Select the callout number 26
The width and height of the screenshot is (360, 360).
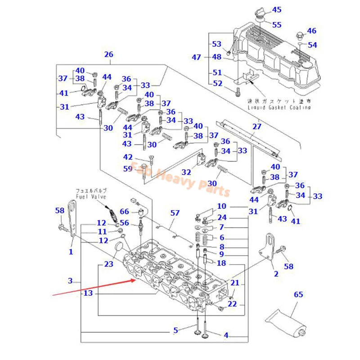[x=108, y=54]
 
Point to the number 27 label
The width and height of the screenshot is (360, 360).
[x=256, y=126]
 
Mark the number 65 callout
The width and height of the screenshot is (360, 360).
[x=299, y=295]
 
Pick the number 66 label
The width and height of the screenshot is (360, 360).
[x=124, y=211]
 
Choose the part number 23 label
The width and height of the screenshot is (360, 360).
[x=109, y=265]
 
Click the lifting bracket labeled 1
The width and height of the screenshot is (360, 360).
[x=71, y=220]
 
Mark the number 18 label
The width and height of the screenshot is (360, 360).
[x=221, y=263]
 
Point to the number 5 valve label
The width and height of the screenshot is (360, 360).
[x=176, y=331]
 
